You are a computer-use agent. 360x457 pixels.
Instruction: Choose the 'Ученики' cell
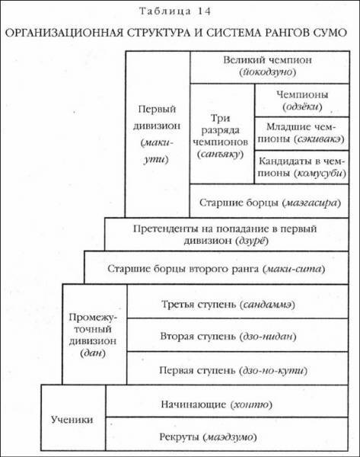tap(73, 420)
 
